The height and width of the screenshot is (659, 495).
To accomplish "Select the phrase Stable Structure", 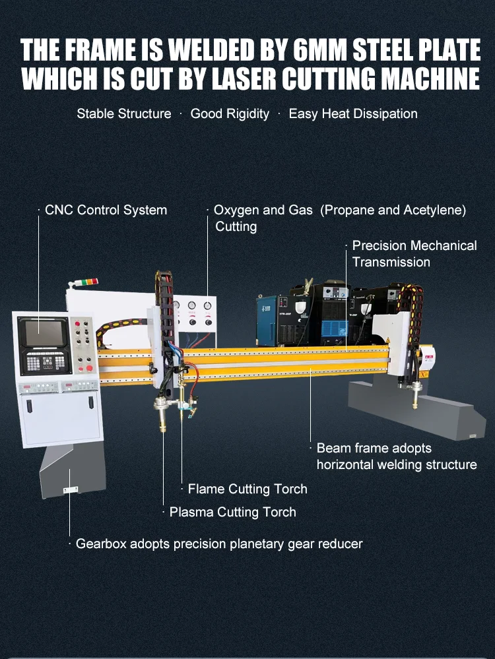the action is click(x=124, y=113).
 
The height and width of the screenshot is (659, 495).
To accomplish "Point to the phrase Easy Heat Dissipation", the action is click(x=353, y=113).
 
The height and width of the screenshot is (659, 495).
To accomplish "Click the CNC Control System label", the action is click(x=106, y=210).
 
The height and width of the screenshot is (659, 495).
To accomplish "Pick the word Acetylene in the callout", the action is click(x=436, y=210).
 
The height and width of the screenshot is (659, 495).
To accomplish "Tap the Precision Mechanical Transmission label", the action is click(x=414, y=253).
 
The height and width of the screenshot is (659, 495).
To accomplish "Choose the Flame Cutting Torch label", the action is click(x=247, y=489).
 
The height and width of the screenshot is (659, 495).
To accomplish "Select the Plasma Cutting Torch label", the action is click(x=232, y=512).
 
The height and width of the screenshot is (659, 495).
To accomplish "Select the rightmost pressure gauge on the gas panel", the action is click(x=208, y=306).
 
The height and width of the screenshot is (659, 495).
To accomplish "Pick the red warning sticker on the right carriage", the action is click(x=428, y=360).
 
